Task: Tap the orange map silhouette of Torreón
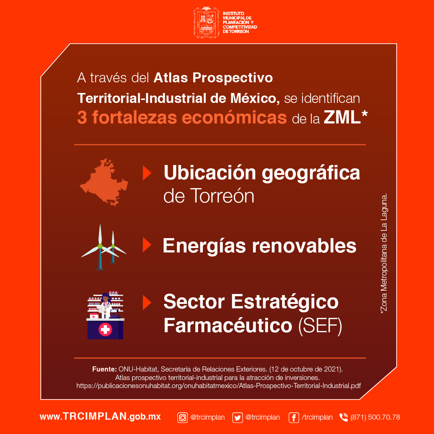click(104, 182)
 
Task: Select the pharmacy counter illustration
click(105, 316)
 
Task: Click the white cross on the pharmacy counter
click(105, 329)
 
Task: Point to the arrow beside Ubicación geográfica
click(147, 173)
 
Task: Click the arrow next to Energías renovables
click(147, 245)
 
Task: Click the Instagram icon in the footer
click(183, 417)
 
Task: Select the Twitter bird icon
click(238, 417)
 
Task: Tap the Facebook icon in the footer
click(294, 417)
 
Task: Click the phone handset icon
click(344, 417)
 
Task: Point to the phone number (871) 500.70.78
click(375, 417)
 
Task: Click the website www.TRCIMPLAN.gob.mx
click(100, 416)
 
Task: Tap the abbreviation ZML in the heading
click(342, 118)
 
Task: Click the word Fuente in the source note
click(104, 369)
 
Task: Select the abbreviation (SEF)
click(320, 326)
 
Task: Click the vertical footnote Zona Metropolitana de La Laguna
click(384, 252)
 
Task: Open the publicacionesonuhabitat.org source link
click(218, 386)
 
